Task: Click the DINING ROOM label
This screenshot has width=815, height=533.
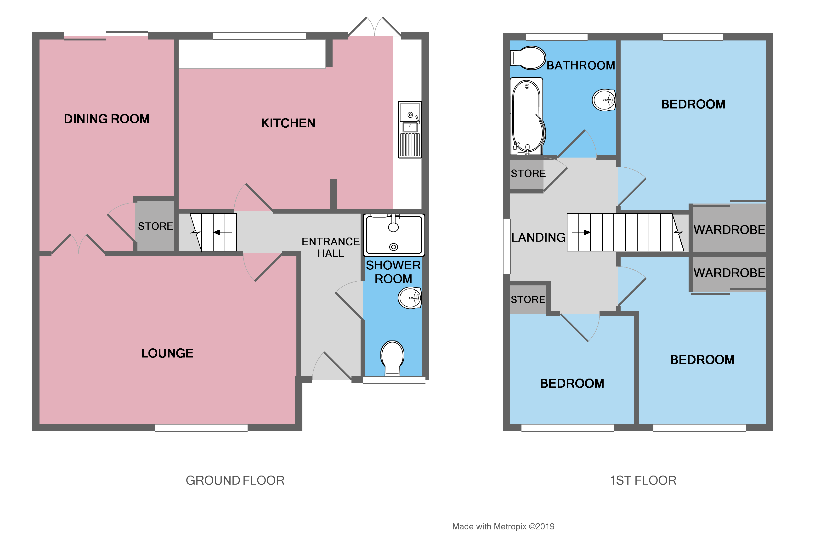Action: (107, 119)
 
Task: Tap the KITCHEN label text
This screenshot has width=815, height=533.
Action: (288, 123)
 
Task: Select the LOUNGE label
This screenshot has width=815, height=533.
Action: (167, 353)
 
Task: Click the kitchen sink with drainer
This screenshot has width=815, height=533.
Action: (410, 130)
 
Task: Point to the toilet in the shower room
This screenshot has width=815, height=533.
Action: (392, 358)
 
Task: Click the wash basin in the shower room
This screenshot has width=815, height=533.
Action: (410, 298)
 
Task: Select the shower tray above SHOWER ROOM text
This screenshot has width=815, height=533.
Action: (394, 235)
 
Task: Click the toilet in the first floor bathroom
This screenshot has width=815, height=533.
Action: (528, 58)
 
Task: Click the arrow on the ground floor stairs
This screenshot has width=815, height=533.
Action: (222, 232)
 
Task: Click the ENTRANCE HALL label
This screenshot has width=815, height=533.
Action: (330, 247)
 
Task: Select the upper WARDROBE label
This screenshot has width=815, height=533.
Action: (729, 230)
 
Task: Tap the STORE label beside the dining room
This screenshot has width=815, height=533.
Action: (155, 226)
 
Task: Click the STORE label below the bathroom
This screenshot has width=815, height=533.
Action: (528, 174)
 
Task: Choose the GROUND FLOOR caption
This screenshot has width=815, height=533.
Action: (235, 481)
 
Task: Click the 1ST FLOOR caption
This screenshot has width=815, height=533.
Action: (643, 481)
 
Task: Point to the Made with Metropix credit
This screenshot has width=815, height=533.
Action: (503, 527)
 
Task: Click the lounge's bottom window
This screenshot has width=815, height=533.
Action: (201, 427)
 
